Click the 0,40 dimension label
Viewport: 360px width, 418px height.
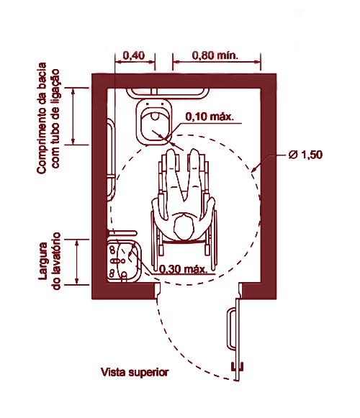pyautogui.click(x=134, y=55)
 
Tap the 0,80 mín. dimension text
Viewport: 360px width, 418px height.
pyautogui.click(x=215, y=55)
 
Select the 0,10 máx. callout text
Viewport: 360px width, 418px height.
pyautogui.click(x=210, y=117)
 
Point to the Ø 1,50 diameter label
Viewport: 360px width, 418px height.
pyautogui.click(x=305, y=155)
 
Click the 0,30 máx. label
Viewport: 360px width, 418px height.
pyautogui.click(x=184, y=269)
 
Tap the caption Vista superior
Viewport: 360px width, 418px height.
pyautogui.click(x=135, y=372)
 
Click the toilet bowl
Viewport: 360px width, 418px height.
pyautogui.click(x=154, y=122)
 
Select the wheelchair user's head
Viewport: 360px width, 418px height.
pyautogui.click(x=184, y=227)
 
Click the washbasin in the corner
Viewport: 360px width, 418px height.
pyautogui.click(x=124, y=261)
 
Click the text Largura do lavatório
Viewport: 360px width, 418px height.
pyautogui.click(x=50, y=261)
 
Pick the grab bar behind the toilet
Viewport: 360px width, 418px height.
pyautogui.click(x=168, y=94)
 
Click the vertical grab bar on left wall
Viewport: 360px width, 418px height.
pyautogui.click(x=110, y=160)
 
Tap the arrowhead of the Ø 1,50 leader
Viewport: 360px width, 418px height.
pyautogui.click(x=253, y=169)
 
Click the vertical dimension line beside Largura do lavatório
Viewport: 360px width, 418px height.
pyautogui.click(x=77, y=262)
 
